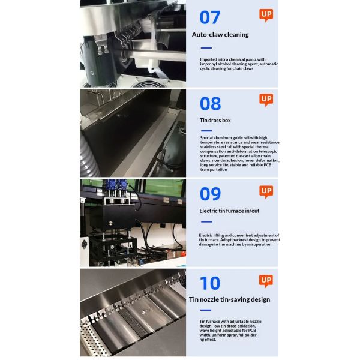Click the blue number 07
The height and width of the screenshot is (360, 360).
[x=210, y=17]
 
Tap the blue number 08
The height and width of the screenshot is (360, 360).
[x=211, y=104]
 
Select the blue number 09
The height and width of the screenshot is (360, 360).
[x=211, y=194]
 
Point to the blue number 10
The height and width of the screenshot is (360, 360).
[x=210, y=283]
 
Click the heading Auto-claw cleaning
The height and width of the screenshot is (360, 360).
[x=220, y=35]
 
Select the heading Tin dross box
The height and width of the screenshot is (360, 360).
[x=215, y=121]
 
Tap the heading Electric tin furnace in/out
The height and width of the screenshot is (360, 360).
[x=229, y=211]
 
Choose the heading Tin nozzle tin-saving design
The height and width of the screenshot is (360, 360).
[x=230, y=299]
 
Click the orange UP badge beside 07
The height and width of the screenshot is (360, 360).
[x=266, y=15]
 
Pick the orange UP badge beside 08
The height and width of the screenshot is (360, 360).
[x=266, y=100]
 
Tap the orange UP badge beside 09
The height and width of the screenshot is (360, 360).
[x=266, y=191]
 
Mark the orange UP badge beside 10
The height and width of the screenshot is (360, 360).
[x=266, y=281]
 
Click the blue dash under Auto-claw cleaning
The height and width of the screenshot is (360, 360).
[x=206, y=48]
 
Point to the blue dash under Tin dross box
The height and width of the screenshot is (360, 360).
[x=206, y=131]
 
